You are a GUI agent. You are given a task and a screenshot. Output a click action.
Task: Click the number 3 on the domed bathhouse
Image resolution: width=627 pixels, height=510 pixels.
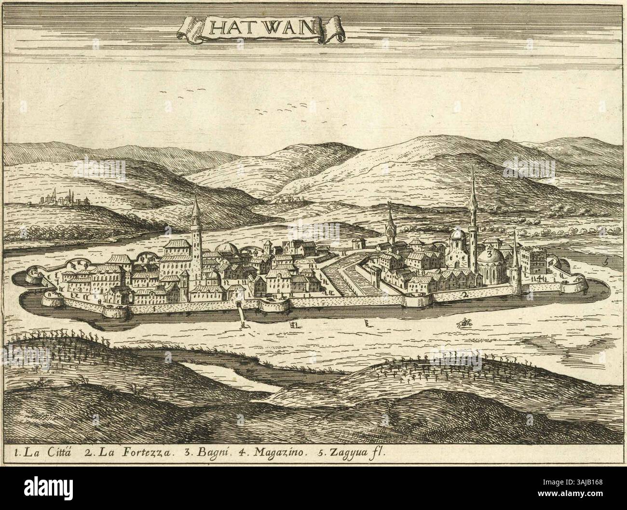tap(489, 253)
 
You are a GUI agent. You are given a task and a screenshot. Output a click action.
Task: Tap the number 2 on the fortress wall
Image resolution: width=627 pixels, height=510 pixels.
tap(465, 294)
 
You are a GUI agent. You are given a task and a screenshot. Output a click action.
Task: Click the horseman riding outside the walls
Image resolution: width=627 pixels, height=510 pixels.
tap(465, 323)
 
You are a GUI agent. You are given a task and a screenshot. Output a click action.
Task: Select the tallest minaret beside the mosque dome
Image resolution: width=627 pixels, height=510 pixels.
tap(473, 207)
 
